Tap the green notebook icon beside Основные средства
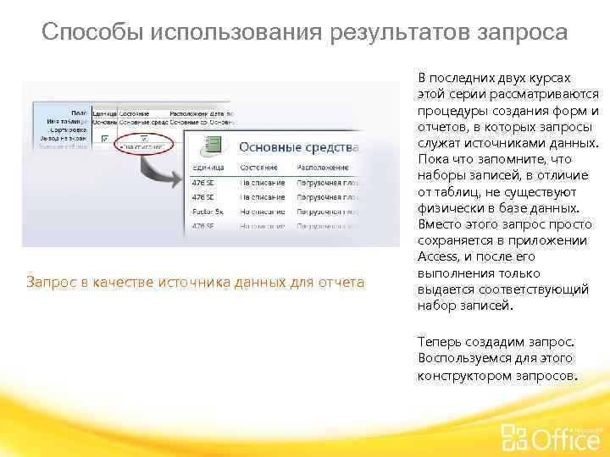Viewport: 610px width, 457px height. (x=215, y=145)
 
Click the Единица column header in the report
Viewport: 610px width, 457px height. (x=209, y=167)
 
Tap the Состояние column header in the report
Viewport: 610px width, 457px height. (x=258, y=167)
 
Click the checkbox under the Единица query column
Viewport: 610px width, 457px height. (x=104, y=138)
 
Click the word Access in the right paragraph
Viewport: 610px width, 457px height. (x=439, y=256)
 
